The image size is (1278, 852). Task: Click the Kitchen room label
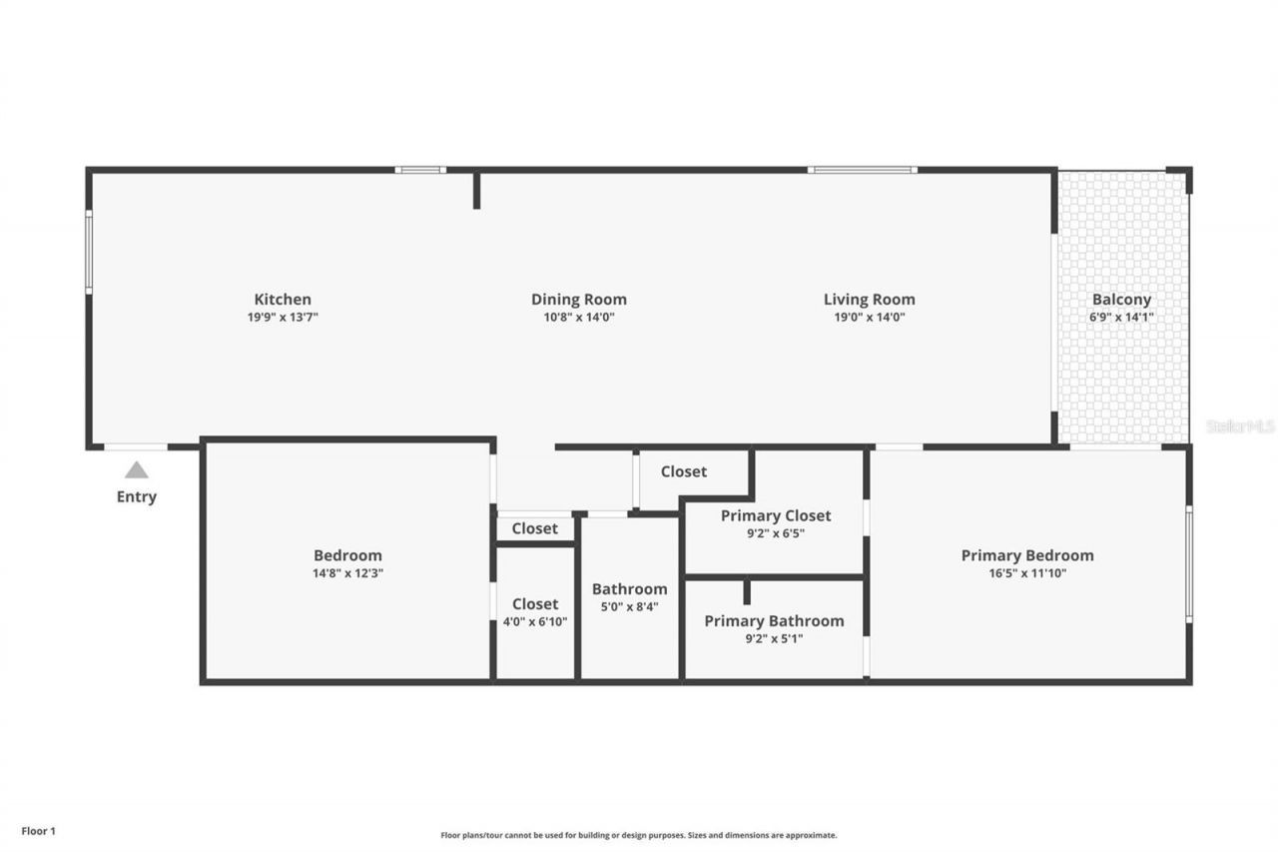point(283,299)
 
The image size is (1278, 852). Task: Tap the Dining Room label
point(578,299)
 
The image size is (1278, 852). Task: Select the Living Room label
point(869,299)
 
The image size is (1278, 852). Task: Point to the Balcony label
point(1121,299)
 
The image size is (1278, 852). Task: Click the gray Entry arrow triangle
point(137,470)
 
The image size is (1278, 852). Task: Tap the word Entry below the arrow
point(137,496)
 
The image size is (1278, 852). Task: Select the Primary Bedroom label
point(1027,555)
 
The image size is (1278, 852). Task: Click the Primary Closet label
point(776,515)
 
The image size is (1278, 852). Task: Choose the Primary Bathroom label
point(774,620)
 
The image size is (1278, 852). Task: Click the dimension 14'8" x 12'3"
point(347,573)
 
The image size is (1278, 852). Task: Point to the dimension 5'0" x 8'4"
point(629,606)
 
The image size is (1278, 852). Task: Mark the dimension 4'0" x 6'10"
point(535,621)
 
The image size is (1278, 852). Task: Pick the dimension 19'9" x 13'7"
point(283,317)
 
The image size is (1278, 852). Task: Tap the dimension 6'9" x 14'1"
point(1121,317)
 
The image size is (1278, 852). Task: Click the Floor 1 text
point(39,830)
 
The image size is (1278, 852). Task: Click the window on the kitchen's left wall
point(89,251)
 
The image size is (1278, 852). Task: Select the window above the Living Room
point(862,170)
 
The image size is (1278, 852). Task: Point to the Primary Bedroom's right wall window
point(1188,564)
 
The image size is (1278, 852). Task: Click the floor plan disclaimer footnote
point(639,835)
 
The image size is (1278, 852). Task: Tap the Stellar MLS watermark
point(1240,426)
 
